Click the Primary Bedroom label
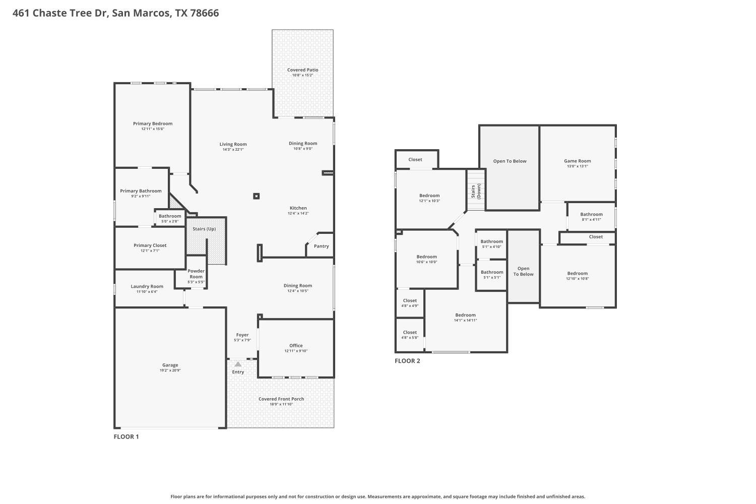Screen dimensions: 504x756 point(153,123)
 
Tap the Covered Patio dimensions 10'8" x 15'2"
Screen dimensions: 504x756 point(302,76)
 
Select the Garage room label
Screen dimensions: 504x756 point(170,365)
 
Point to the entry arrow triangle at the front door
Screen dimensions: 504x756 point(238,364)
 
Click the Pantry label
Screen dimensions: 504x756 point(321,246)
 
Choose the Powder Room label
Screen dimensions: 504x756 point(196,274)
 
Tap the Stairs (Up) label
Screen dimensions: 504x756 point(204,229)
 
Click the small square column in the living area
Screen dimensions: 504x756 point(257,196)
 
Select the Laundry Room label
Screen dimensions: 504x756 point(147,286)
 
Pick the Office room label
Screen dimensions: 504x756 point(296,346)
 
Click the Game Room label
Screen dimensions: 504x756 point(577,161)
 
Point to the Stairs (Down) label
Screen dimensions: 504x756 point(476,191)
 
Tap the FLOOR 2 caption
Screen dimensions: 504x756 point(407,361)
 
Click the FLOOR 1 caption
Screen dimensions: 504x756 point(126,436)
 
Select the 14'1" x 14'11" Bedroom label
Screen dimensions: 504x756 point(465,315)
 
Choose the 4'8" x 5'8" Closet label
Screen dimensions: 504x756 point(410,333)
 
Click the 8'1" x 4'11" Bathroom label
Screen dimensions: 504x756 point(591,214)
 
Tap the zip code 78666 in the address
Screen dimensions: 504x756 point(204,13)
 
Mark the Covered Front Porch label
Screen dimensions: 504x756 point(281,399)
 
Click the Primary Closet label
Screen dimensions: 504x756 point(150,245)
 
